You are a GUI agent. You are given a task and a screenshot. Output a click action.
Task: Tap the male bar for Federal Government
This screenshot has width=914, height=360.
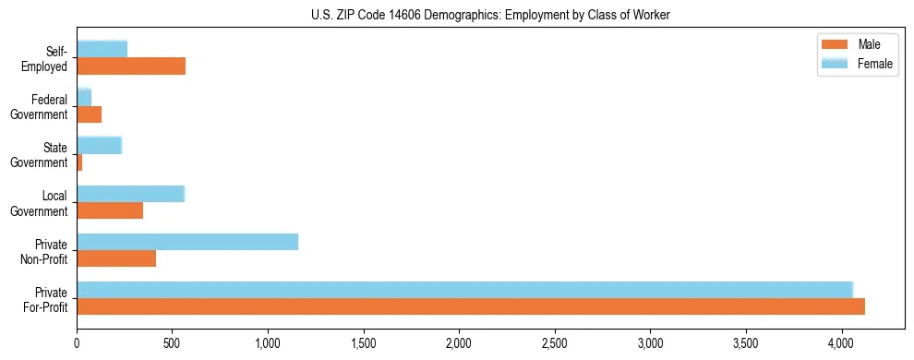(89, 114)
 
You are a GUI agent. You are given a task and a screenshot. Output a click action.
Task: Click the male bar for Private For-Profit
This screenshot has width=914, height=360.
(471, 306)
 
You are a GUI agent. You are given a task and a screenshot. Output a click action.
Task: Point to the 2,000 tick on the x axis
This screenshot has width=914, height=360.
(459, 342)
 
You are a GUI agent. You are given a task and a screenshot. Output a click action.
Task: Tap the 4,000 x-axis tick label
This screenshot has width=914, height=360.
(841, 342)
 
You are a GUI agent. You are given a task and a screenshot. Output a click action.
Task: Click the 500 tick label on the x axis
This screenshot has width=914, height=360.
(172, 342)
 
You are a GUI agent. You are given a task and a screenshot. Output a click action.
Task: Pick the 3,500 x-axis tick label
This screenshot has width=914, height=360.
(745, 342)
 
